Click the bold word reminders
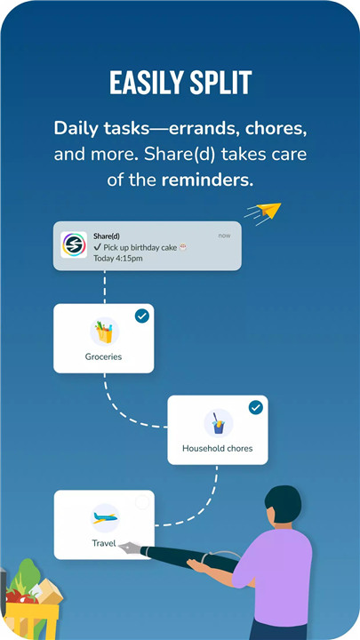tap(207, 180)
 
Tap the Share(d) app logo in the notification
tap(74, 245)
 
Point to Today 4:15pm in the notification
tap(118, 259)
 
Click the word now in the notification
tap(224, 236)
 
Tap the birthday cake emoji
tap(183, 247)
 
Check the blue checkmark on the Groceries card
tap(142, 316)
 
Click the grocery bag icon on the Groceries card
tap(105, 332)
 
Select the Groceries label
tap(103, 356)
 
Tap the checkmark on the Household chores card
tap(256, 407)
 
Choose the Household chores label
tap(218, 448)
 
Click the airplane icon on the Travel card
tap(105, 518)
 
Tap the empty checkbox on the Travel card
tap(142, 502)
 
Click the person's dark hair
tap(283, 503)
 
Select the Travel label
tap(104, 543)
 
